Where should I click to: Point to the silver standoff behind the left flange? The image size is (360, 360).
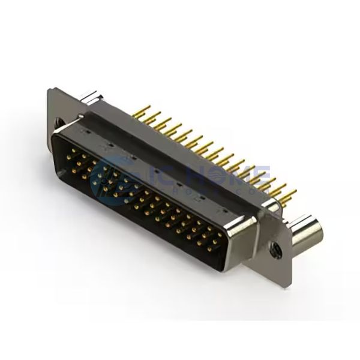point(89,98)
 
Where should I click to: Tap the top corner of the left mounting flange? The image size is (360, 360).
point(51,88)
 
